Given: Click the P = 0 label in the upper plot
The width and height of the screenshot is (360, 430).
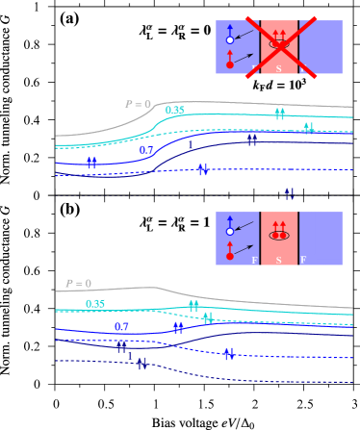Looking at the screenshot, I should tap(138, 104).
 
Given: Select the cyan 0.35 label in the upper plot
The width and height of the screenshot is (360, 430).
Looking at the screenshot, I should tap(174, 111).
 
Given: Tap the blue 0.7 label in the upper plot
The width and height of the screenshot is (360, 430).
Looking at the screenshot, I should tap(146, 150).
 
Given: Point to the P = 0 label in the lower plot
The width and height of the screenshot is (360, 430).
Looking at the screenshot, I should tap(78, 284).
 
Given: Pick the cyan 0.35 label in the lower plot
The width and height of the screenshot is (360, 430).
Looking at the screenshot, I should tap(95, 304).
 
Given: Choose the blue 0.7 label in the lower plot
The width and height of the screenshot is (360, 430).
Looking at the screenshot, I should tap(121, 327).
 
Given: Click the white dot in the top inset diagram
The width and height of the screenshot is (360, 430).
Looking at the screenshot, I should tap(229, 39).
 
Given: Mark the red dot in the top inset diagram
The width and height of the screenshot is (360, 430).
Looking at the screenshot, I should tap(229, 64).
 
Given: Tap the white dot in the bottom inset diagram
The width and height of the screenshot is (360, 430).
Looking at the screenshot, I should tap(229, 232).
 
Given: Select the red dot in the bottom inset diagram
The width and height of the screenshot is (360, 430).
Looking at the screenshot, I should tap(229, 256).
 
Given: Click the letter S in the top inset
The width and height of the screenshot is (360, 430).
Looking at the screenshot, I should tap(279, 68).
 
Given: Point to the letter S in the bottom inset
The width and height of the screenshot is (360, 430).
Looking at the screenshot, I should tap(279, 260).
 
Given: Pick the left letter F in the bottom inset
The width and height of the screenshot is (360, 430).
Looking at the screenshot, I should tap(254, 260).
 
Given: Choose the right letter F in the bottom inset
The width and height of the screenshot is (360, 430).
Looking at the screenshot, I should tap(302, 260).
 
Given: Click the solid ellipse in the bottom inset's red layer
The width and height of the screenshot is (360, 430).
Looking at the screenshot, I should tap(279, 236).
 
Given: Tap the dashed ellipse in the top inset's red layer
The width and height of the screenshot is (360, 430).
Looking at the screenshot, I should tap(279, 44).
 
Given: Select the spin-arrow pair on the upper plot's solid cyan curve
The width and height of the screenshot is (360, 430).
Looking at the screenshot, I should tap(279, 114).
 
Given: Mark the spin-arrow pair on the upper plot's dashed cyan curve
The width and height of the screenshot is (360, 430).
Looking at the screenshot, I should tap(308, 127).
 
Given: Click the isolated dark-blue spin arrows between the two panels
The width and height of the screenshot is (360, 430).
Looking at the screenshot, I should tap(289, 193).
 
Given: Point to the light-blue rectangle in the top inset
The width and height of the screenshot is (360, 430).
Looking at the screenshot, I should tap(329, 47).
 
